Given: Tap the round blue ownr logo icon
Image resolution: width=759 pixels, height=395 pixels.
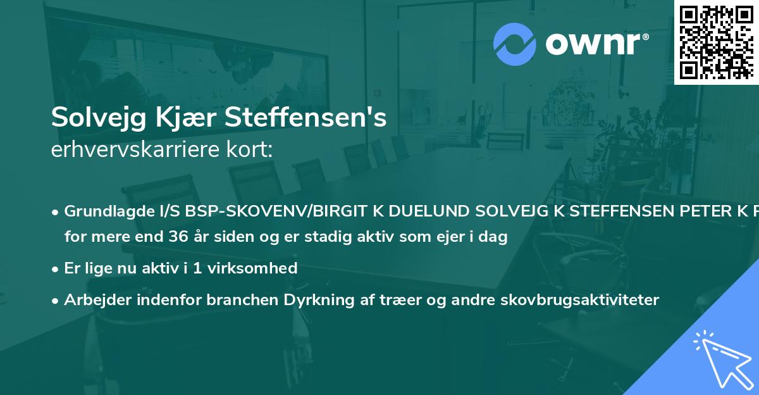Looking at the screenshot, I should coord(515,44).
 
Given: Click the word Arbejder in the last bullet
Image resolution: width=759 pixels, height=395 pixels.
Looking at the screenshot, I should coord(93,300).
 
